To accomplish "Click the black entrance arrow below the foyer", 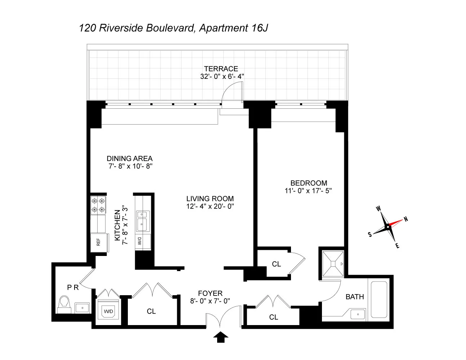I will [x=221, y=337].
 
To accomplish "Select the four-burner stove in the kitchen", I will [x=98, y=205].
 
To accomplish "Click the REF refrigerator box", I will [x=98, y=242].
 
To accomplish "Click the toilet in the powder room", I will [x=64, y=305].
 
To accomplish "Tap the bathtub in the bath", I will [x=379, y=300].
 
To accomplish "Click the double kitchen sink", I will [x=142, y=220].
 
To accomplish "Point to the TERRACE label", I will [x=221, y=69].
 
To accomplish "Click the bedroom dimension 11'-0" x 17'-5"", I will [x=308, y=191].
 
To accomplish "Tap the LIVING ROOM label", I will [x=210, y=199].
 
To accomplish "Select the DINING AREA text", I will [x=130, y=158].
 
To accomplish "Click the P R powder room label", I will [x=73, y=287].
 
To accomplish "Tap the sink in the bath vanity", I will [x=358, y=314].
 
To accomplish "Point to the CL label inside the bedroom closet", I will [x=276, y=264].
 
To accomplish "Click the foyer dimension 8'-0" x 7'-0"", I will [x=210, y=301].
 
